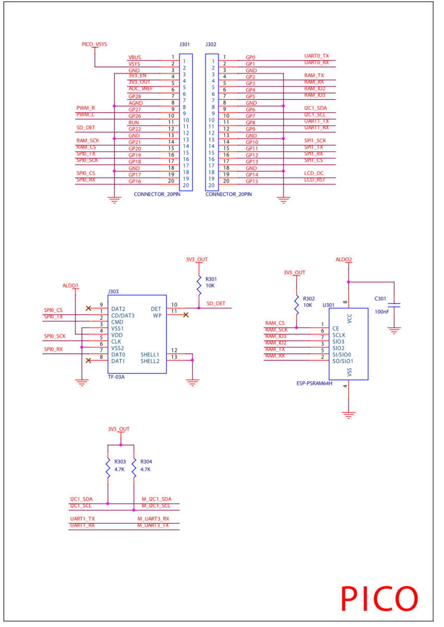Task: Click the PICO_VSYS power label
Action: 94,45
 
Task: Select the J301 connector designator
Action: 184,45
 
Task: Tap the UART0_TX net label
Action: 316,55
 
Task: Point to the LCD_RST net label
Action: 314,179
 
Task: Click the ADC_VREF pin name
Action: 140,89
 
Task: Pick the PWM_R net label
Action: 86,108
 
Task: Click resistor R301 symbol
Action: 199,285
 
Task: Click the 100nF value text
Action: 381,311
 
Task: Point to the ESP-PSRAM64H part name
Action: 314,383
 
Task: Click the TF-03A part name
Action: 116,376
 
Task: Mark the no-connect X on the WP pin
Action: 185,315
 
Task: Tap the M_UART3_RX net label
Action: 153,519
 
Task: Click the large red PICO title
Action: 379,599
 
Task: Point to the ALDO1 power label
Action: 70,286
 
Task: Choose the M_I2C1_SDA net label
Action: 157,499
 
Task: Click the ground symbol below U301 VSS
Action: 348,415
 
